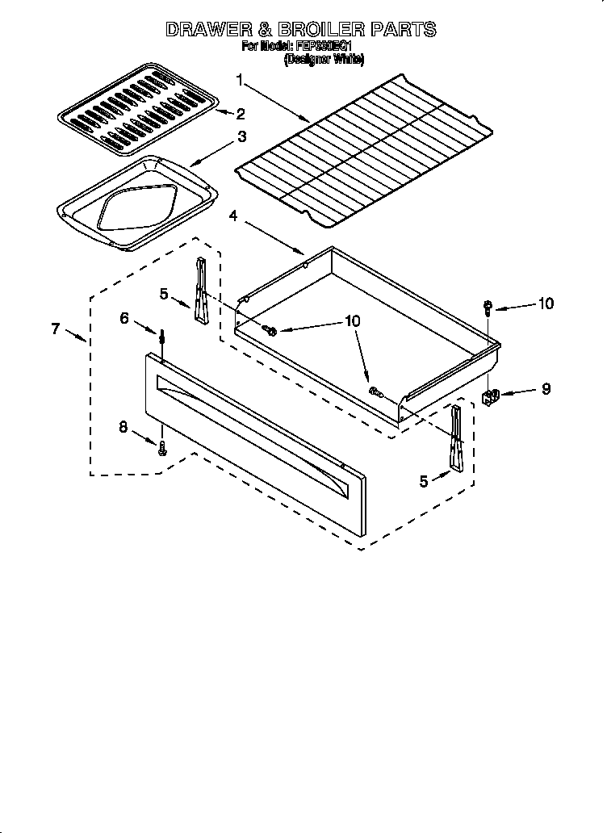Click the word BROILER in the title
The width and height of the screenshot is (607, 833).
329,30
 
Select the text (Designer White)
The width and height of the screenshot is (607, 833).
324,59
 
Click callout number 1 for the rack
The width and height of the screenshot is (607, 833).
240,79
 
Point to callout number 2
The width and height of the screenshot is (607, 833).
240,115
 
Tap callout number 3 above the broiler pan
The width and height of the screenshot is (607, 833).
241,137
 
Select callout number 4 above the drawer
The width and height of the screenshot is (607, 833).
233,216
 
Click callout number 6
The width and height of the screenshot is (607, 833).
123,319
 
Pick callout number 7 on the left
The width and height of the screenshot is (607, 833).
55,329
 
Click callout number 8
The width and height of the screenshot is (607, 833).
123,428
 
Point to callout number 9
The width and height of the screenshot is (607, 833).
546,388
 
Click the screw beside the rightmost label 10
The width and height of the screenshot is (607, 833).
488,306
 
